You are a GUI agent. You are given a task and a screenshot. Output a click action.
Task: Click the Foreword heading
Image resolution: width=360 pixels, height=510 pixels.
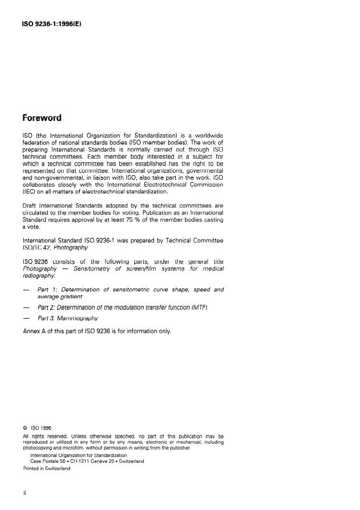41,117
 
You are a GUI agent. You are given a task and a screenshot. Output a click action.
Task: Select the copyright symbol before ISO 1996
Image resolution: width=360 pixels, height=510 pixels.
24,426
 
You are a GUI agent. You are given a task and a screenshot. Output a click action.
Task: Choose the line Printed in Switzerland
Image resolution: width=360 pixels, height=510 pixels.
47,469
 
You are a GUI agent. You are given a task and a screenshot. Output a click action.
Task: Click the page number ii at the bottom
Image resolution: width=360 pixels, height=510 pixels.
24,493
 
